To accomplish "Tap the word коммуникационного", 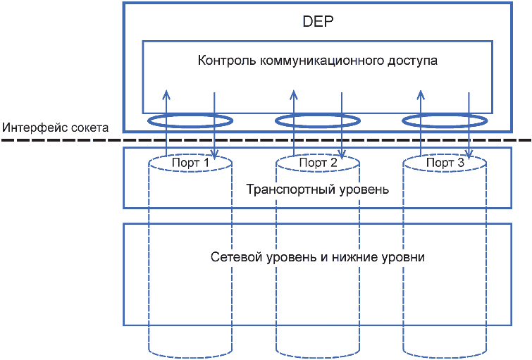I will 314,61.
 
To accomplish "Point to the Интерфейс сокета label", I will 55,128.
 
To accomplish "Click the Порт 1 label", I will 190,163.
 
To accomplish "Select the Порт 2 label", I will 318,163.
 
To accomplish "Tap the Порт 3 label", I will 445,163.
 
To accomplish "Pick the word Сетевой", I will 233,256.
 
